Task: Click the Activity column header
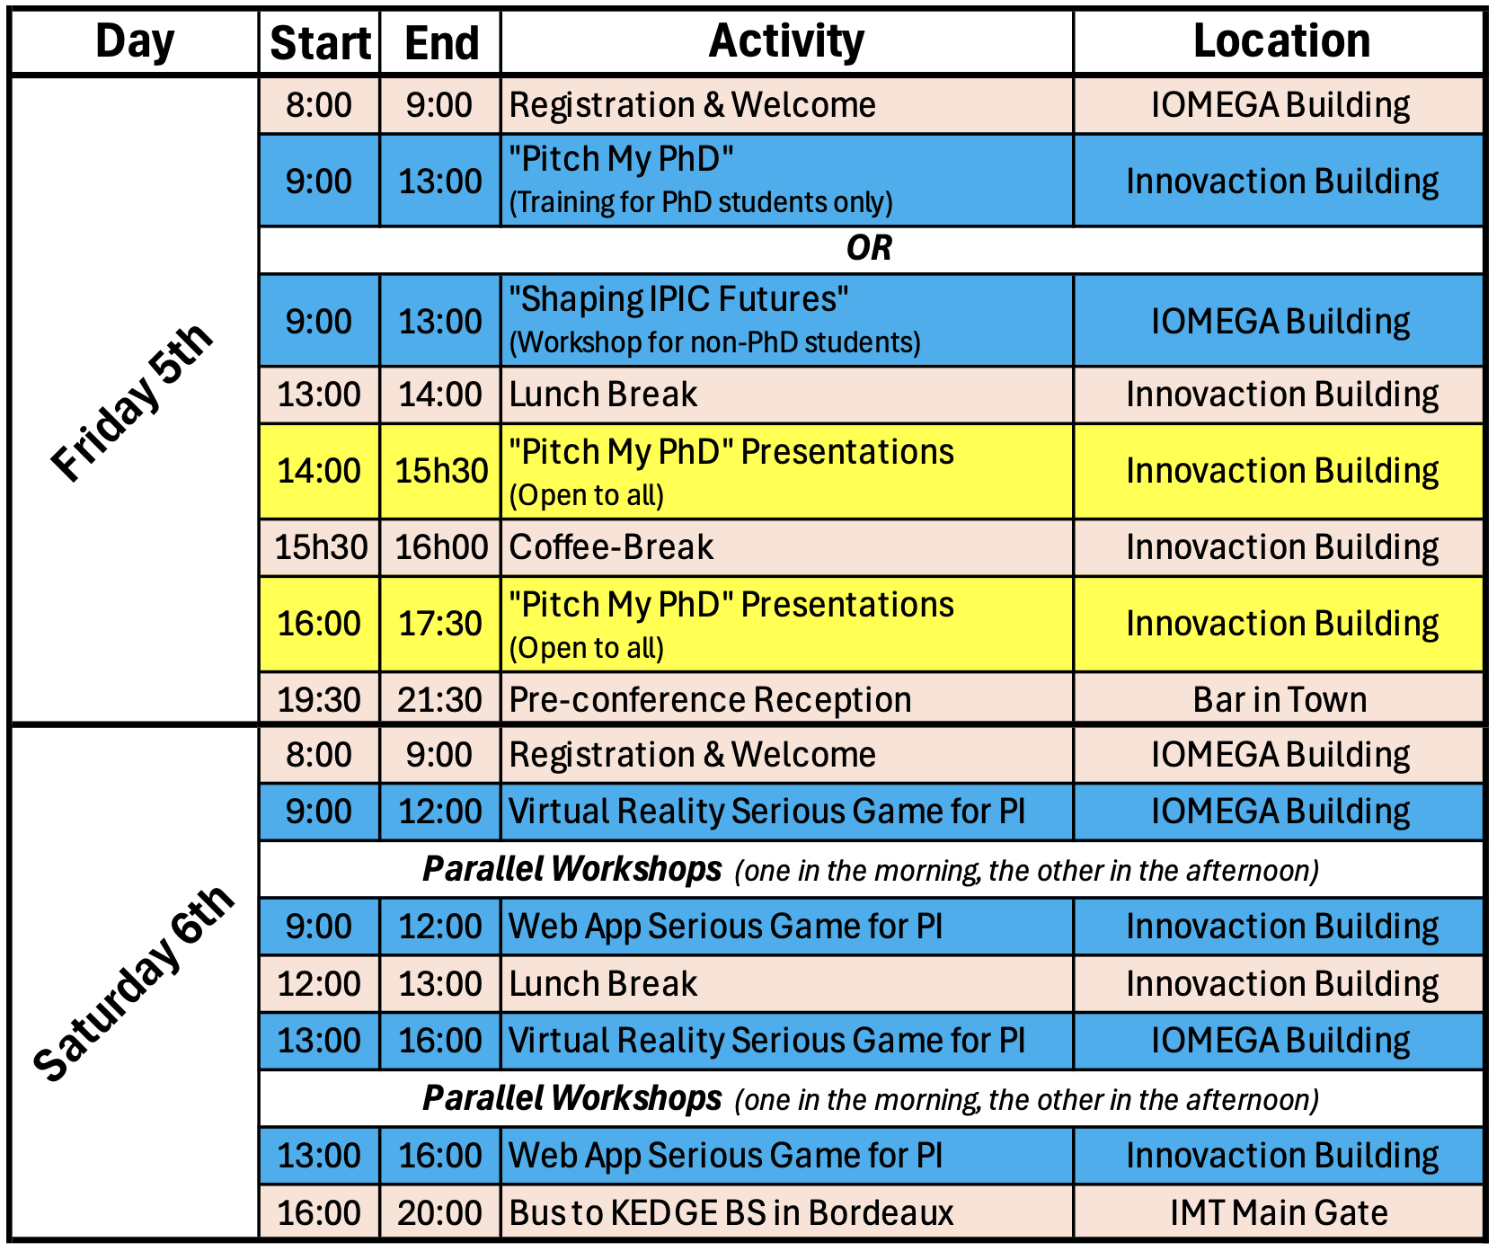pos(786,41)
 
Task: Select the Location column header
pos(1281,41)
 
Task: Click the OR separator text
pos(869,248)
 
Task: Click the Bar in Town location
pos(1280,700)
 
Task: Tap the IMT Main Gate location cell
pos(1279,1213)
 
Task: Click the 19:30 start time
pos(319,700)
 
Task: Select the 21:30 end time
pos(440,700)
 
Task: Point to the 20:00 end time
pos(440,1213)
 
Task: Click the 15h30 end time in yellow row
pos(441,471)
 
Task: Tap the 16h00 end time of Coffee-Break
pos(441,547)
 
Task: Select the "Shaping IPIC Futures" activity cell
pos(786,321)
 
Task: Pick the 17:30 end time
pos(440,624)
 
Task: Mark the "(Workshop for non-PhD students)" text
pos(715,343)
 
